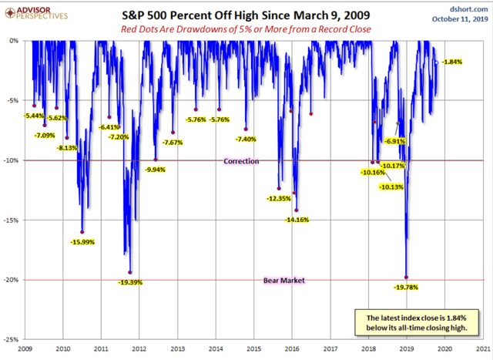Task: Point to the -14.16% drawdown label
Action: tap(297, 220)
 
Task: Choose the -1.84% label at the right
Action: tap(451, 62)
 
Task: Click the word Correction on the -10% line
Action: tap(241, 161)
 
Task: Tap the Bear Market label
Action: tap(241, 281)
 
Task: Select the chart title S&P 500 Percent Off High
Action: tap(246, 14)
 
